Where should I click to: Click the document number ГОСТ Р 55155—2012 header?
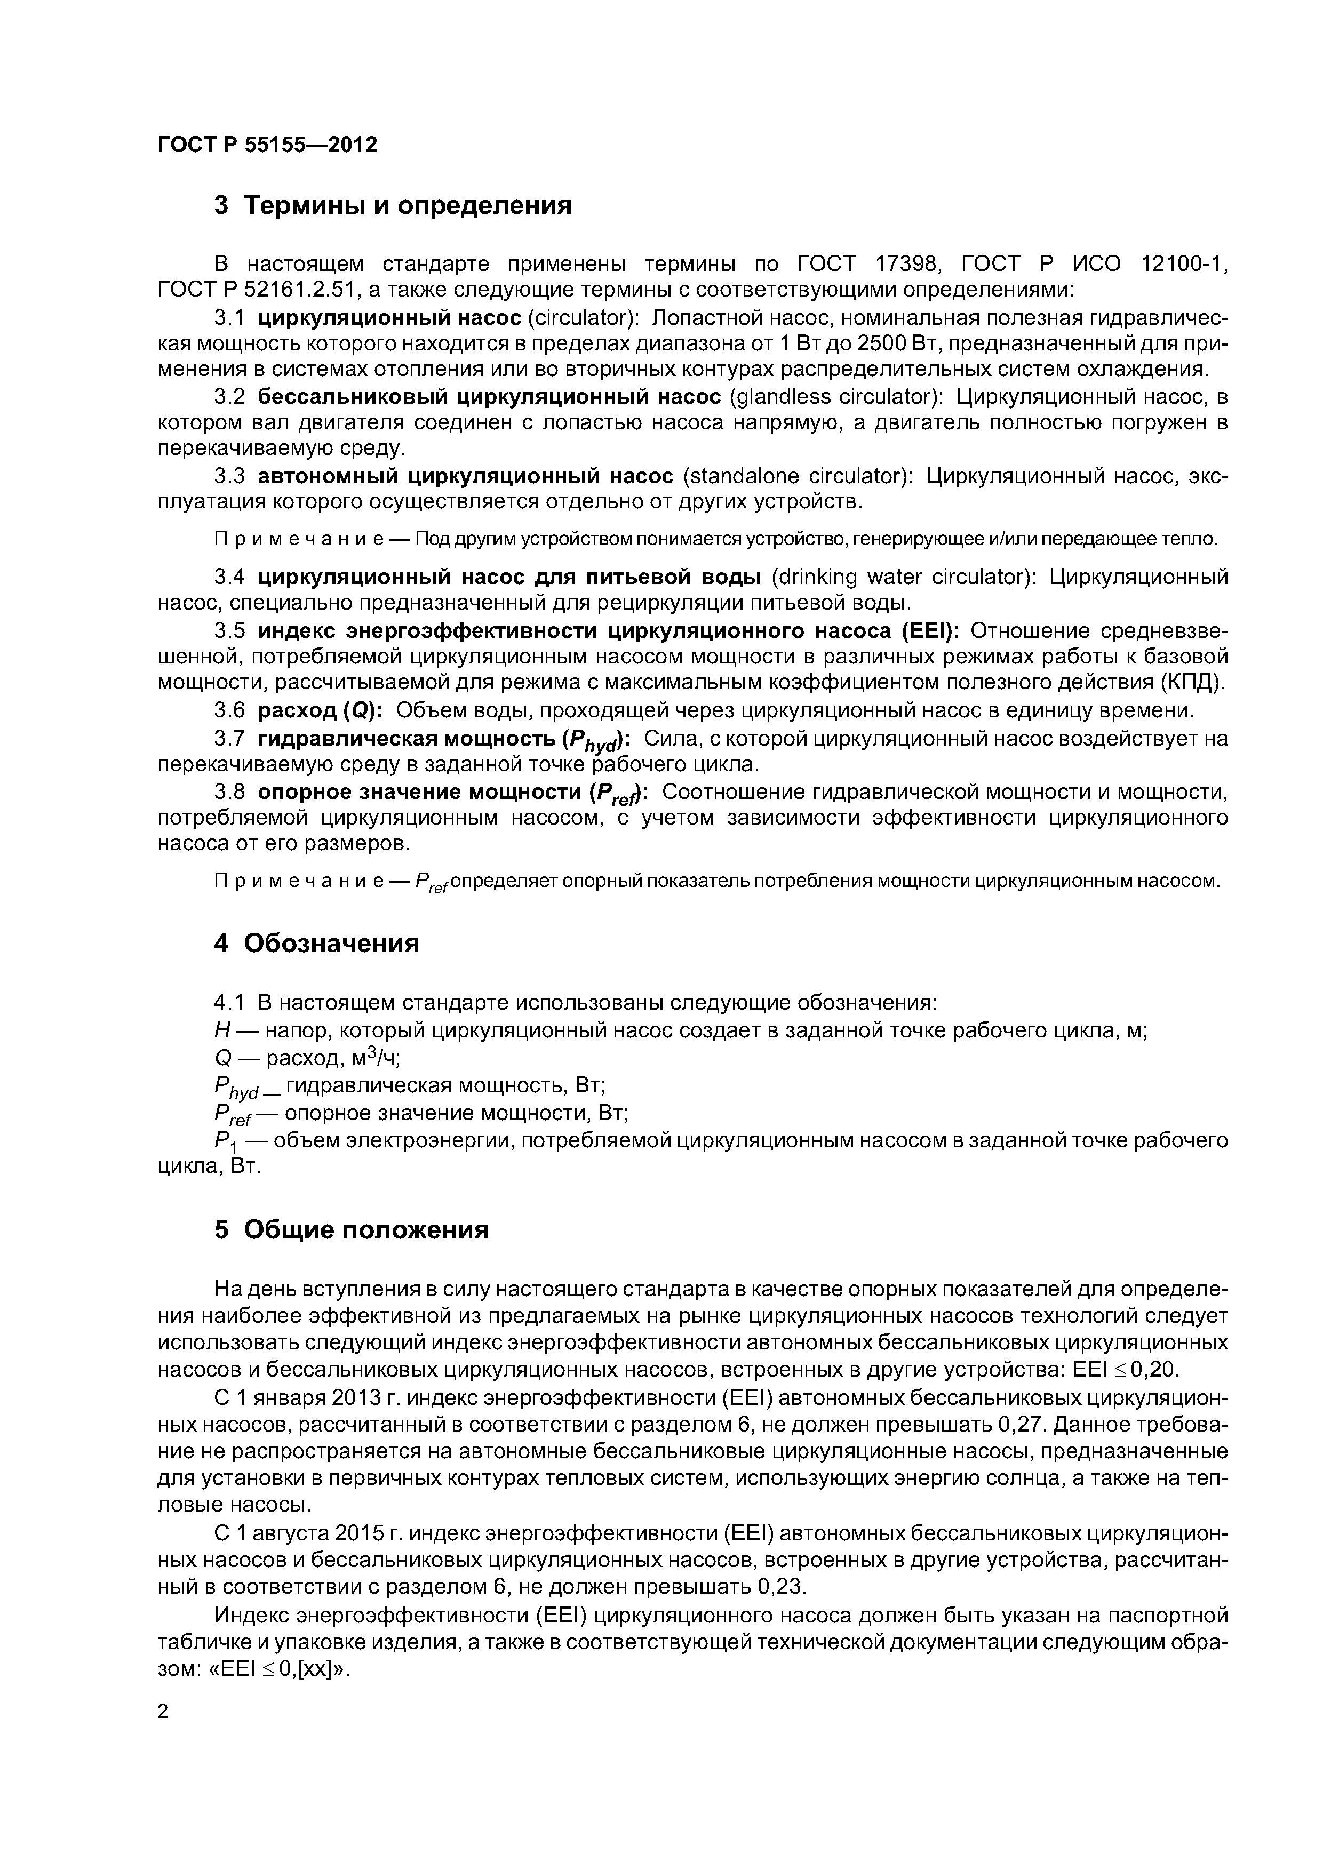coord(267,145)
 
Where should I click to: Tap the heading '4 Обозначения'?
coord(316,944)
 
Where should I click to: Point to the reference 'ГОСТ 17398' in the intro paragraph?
coord(869,264)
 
